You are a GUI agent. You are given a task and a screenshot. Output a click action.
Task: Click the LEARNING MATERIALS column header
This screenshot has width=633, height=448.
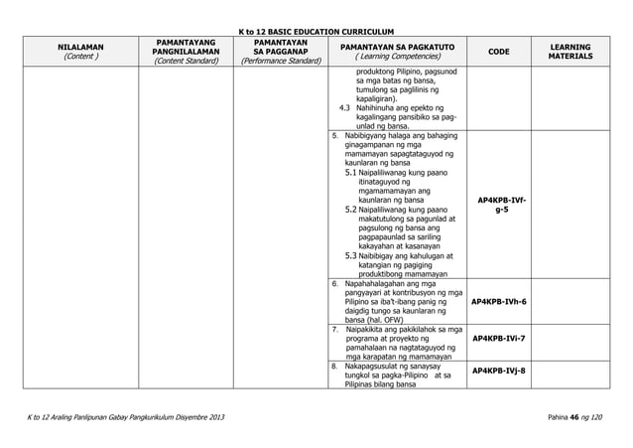click(589, 52)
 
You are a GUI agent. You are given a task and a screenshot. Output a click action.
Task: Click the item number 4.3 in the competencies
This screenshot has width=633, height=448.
click(344, 107)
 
